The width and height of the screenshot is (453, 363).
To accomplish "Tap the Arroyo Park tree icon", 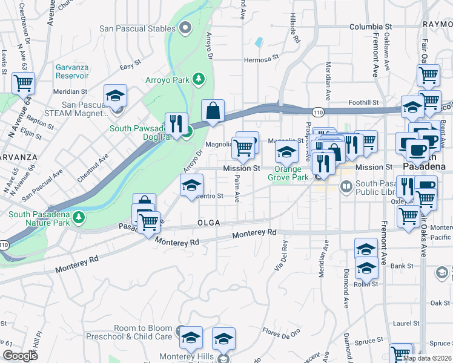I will (x=198, y=79).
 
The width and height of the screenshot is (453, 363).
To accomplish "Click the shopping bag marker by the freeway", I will (x=213, y=112).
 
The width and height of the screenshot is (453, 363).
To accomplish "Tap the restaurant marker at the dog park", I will (x=176, y=124).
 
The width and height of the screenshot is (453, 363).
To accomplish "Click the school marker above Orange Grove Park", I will (x=287, y=152).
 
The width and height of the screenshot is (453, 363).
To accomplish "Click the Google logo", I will (x=20, y=356).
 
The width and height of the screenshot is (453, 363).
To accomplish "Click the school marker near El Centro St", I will (x=191, y=185).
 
